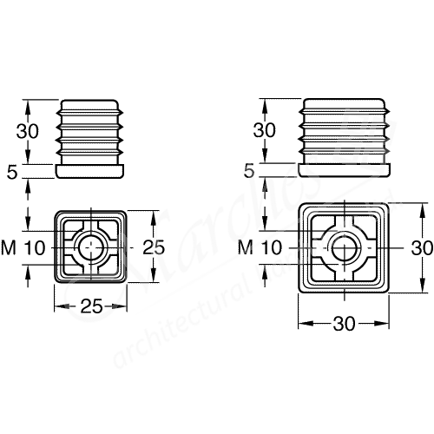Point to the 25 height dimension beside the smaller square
(x=153, y=247)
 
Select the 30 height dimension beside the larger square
(x=422, y=247)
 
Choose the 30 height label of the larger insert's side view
(x=265, y=130)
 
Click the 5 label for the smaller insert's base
(x=11, y=172)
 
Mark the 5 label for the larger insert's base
(x=250, y=172)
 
